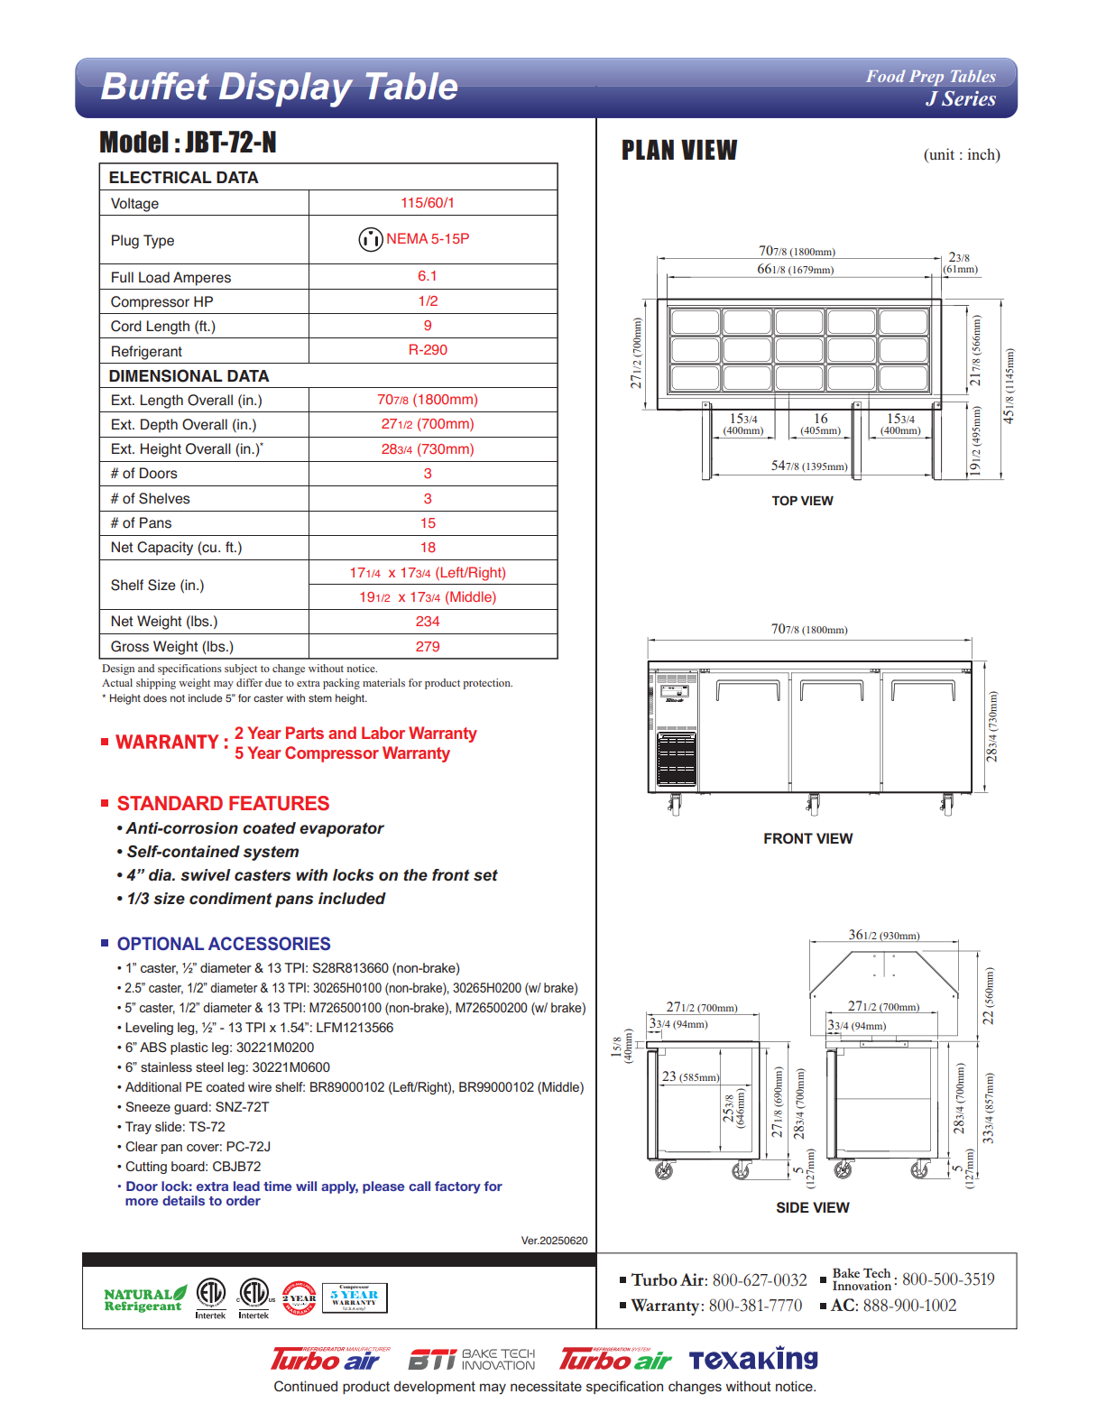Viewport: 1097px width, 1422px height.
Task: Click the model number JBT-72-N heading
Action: (x=188, y=143)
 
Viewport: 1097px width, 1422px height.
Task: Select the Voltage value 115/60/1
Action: (x=428, y=203)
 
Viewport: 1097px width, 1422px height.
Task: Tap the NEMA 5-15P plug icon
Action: (x=371, y=239)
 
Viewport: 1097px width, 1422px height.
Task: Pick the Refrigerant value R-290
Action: (x=428, y=350)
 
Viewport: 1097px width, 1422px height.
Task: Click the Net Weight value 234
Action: (x=428, y=622)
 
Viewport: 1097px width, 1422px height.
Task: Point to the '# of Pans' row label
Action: (x=141, y=523)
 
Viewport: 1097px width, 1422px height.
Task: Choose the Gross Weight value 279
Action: (x=428, y=647)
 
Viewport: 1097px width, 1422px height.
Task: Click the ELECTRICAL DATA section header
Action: (x=183, y=178)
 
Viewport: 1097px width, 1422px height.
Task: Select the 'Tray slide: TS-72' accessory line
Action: (x=175, y=1127)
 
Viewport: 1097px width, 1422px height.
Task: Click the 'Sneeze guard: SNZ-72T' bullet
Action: (x=197, y=1107)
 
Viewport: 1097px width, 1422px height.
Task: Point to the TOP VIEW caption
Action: (x=802, y=501)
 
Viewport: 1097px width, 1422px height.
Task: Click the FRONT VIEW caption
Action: (x=807, y=839)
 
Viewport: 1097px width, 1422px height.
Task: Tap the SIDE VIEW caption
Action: (x=812, y=1208)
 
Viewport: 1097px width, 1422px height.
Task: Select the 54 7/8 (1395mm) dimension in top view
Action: (x=809, y=466)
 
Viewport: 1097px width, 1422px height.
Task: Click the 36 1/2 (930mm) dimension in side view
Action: (x=883, y=936)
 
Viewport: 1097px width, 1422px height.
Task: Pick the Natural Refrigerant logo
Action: (x=144, y=1299)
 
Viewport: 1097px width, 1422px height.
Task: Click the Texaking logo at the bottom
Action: (x=753, y=1359)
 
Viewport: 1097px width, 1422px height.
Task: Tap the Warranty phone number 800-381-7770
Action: (x=755, y=1306)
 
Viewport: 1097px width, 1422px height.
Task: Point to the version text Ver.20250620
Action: (x=554, y=1241)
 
